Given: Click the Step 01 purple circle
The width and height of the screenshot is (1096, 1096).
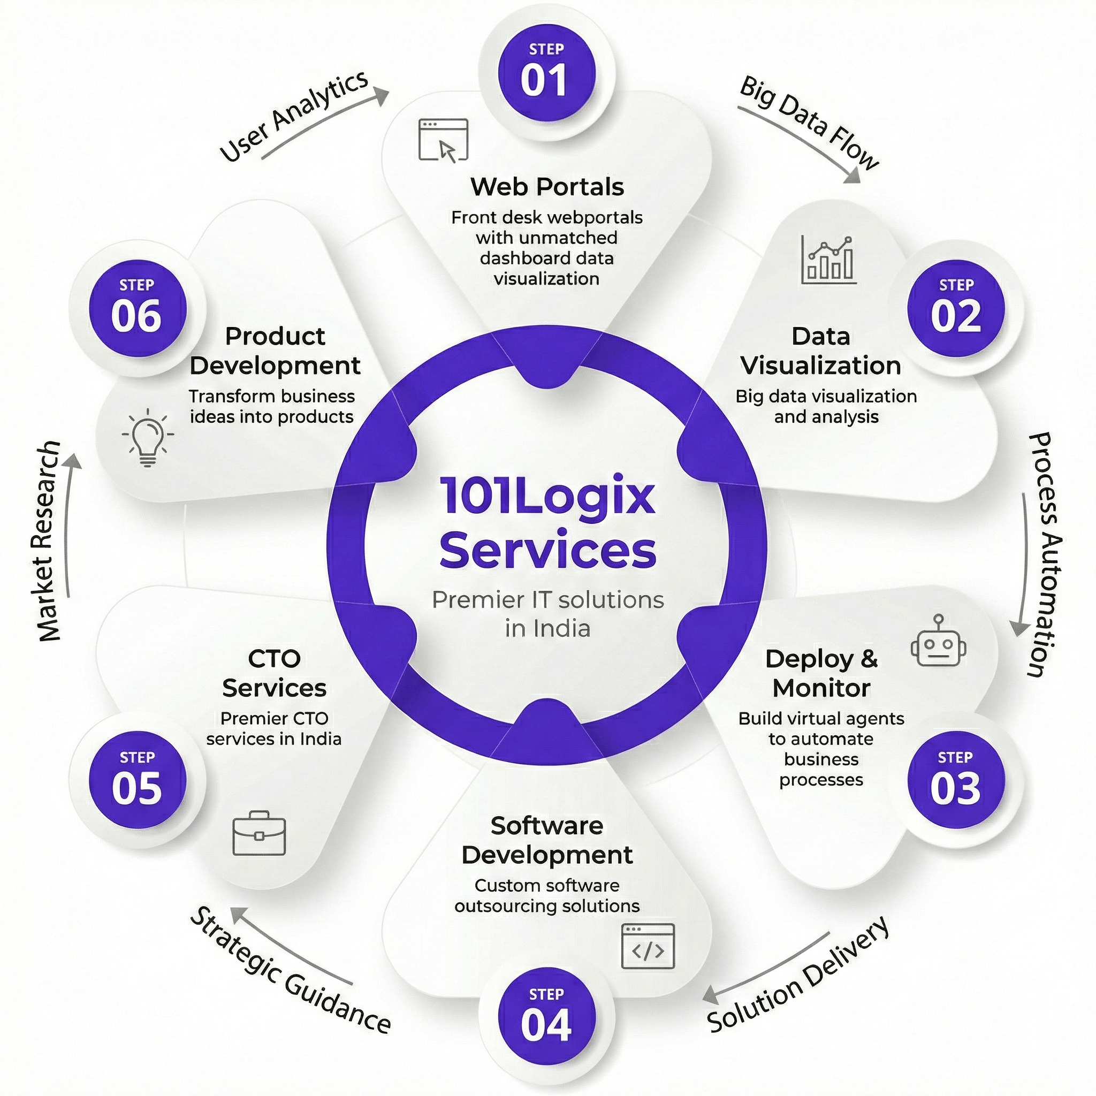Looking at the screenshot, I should point(546,73).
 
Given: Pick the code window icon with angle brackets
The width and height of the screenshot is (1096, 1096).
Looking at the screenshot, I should point(648,946).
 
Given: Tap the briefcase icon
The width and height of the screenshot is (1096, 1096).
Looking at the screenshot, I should point(259,833).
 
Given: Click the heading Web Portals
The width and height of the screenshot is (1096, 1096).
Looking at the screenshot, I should point(547,187).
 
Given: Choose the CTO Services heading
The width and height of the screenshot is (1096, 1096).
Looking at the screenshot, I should point(274,673).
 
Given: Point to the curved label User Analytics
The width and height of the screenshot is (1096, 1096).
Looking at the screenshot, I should point(294,116).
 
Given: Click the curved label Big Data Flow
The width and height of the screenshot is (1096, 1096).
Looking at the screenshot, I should point(809,122).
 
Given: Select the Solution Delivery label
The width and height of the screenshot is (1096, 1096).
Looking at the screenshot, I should point(797,973).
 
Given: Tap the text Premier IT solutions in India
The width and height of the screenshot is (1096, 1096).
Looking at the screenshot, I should point(547,614).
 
